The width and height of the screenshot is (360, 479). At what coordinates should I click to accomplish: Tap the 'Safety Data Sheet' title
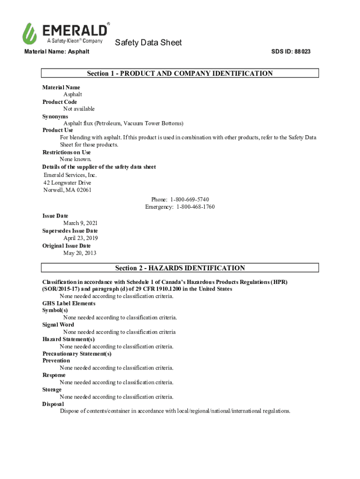pos(148,43)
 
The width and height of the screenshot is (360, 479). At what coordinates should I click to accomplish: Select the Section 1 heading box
pos(180,73)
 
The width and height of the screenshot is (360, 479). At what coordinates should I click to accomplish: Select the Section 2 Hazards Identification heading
pos(180,268)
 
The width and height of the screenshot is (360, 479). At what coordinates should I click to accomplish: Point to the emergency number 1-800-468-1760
pos(195,207)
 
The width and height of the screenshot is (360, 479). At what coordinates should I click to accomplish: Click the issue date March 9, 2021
pos(80,224)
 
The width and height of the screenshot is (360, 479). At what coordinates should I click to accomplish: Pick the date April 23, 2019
pos(80,239)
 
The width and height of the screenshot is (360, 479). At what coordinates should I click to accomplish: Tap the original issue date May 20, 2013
pos(79,254)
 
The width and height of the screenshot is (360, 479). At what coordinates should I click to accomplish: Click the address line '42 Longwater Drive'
pos(67,183)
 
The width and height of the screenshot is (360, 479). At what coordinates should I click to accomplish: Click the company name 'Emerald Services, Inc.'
pos(70,175)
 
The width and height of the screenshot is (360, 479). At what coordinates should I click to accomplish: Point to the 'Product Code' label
pos(60,102)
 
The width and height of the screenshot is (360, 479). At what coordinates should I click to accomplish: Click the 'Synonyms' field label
pos(55,116)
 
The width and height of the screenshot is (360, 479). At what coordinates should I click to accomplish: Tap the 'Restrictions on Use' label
pos(66,152)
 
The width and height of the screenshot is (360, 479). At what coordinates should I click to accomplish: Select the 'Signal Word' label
pos(58,325)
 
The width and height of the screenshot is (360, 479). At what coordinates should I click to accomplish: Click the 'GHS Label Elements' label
pos(69,304)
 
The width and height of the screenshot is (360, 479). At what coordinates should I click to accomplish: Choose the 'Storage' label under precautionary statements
pos(52,390)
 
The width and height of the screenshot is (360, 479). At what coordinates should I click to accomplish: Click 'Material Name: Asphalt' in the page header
pos(57,51)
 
